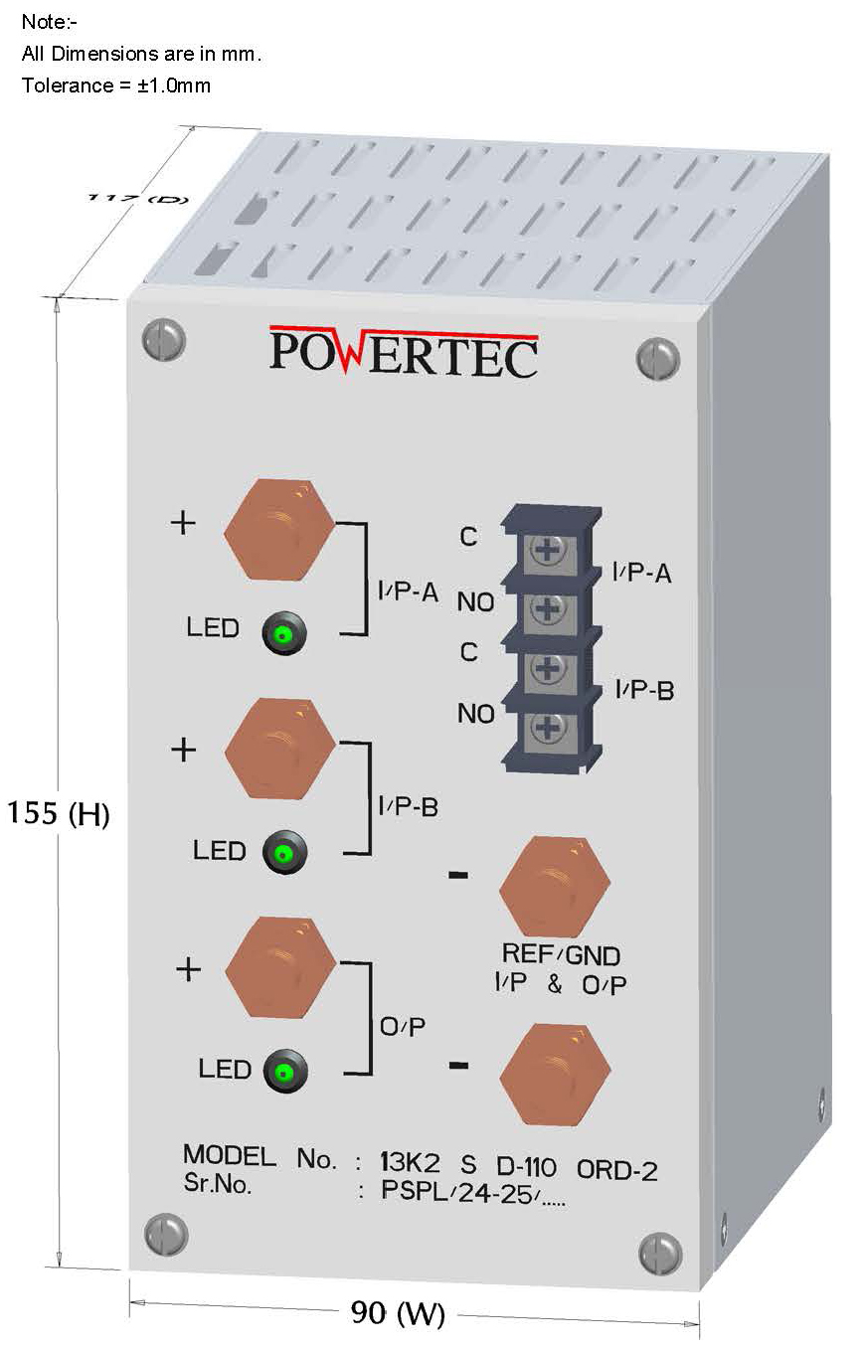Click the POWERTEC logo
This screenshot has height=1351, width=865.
404,352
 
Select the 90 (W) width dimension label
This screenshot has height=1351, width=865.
398,1313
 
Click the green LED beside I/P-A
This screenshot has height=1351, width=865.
283,633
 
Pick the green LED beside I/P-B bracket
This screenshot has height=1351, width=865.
284,852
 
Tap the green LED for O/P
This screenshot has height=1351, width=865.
285,1072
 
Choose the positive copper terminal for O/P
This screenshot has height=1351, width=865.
280,966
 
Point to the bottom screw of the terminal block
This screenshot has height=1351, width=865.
547,729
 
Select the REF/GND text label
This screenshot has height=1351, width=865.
561,955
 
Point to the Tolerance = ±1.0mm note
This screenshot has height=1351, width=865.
116,85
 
